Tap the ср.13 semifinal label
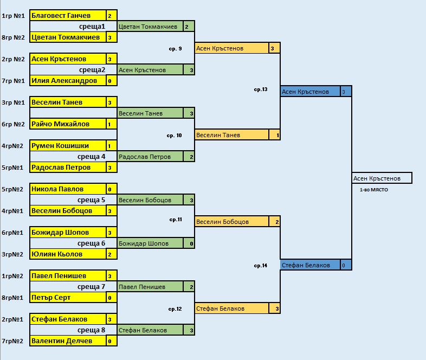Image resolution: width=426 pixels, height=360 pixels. (x=261, y=89)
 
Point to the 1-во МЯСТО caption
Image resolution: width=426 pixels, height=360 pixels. (x=374, y=190)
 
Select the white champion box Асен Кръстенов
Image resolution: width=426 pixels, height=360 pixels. (x=382, y=178)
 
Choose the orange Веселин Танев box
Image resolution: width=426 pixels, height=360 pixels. (x=232, y=135)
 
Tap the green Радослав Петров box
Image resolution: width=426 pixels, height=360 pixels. (x=151, y=157)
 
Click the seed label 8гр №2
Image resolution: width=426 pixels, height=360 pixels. (x=14, y=37)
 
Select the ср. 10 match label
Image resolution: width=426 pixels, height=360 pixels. (x=175, y=135)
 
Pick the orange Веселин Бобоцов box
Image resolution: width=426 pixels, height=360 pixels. (x=232, y=222)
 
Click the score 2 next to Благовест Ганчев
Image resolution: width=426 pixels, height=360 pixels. (x=110, y=16)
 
